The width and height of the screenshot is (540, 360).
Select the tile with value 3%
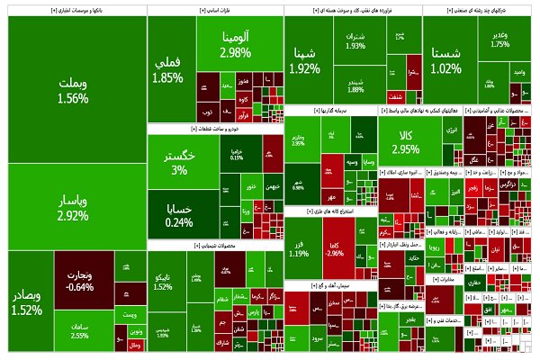coord(180,162)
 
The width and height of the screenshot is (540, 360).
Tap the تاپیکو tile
coord(163,281)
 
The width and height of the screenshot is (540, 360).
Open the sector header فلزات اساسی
coord(214,11)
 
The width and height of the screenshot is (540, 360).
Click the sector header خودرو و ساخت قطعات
coord(214,130)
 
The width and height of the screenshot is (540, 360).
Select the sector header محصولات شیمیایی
coord(214,244)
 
